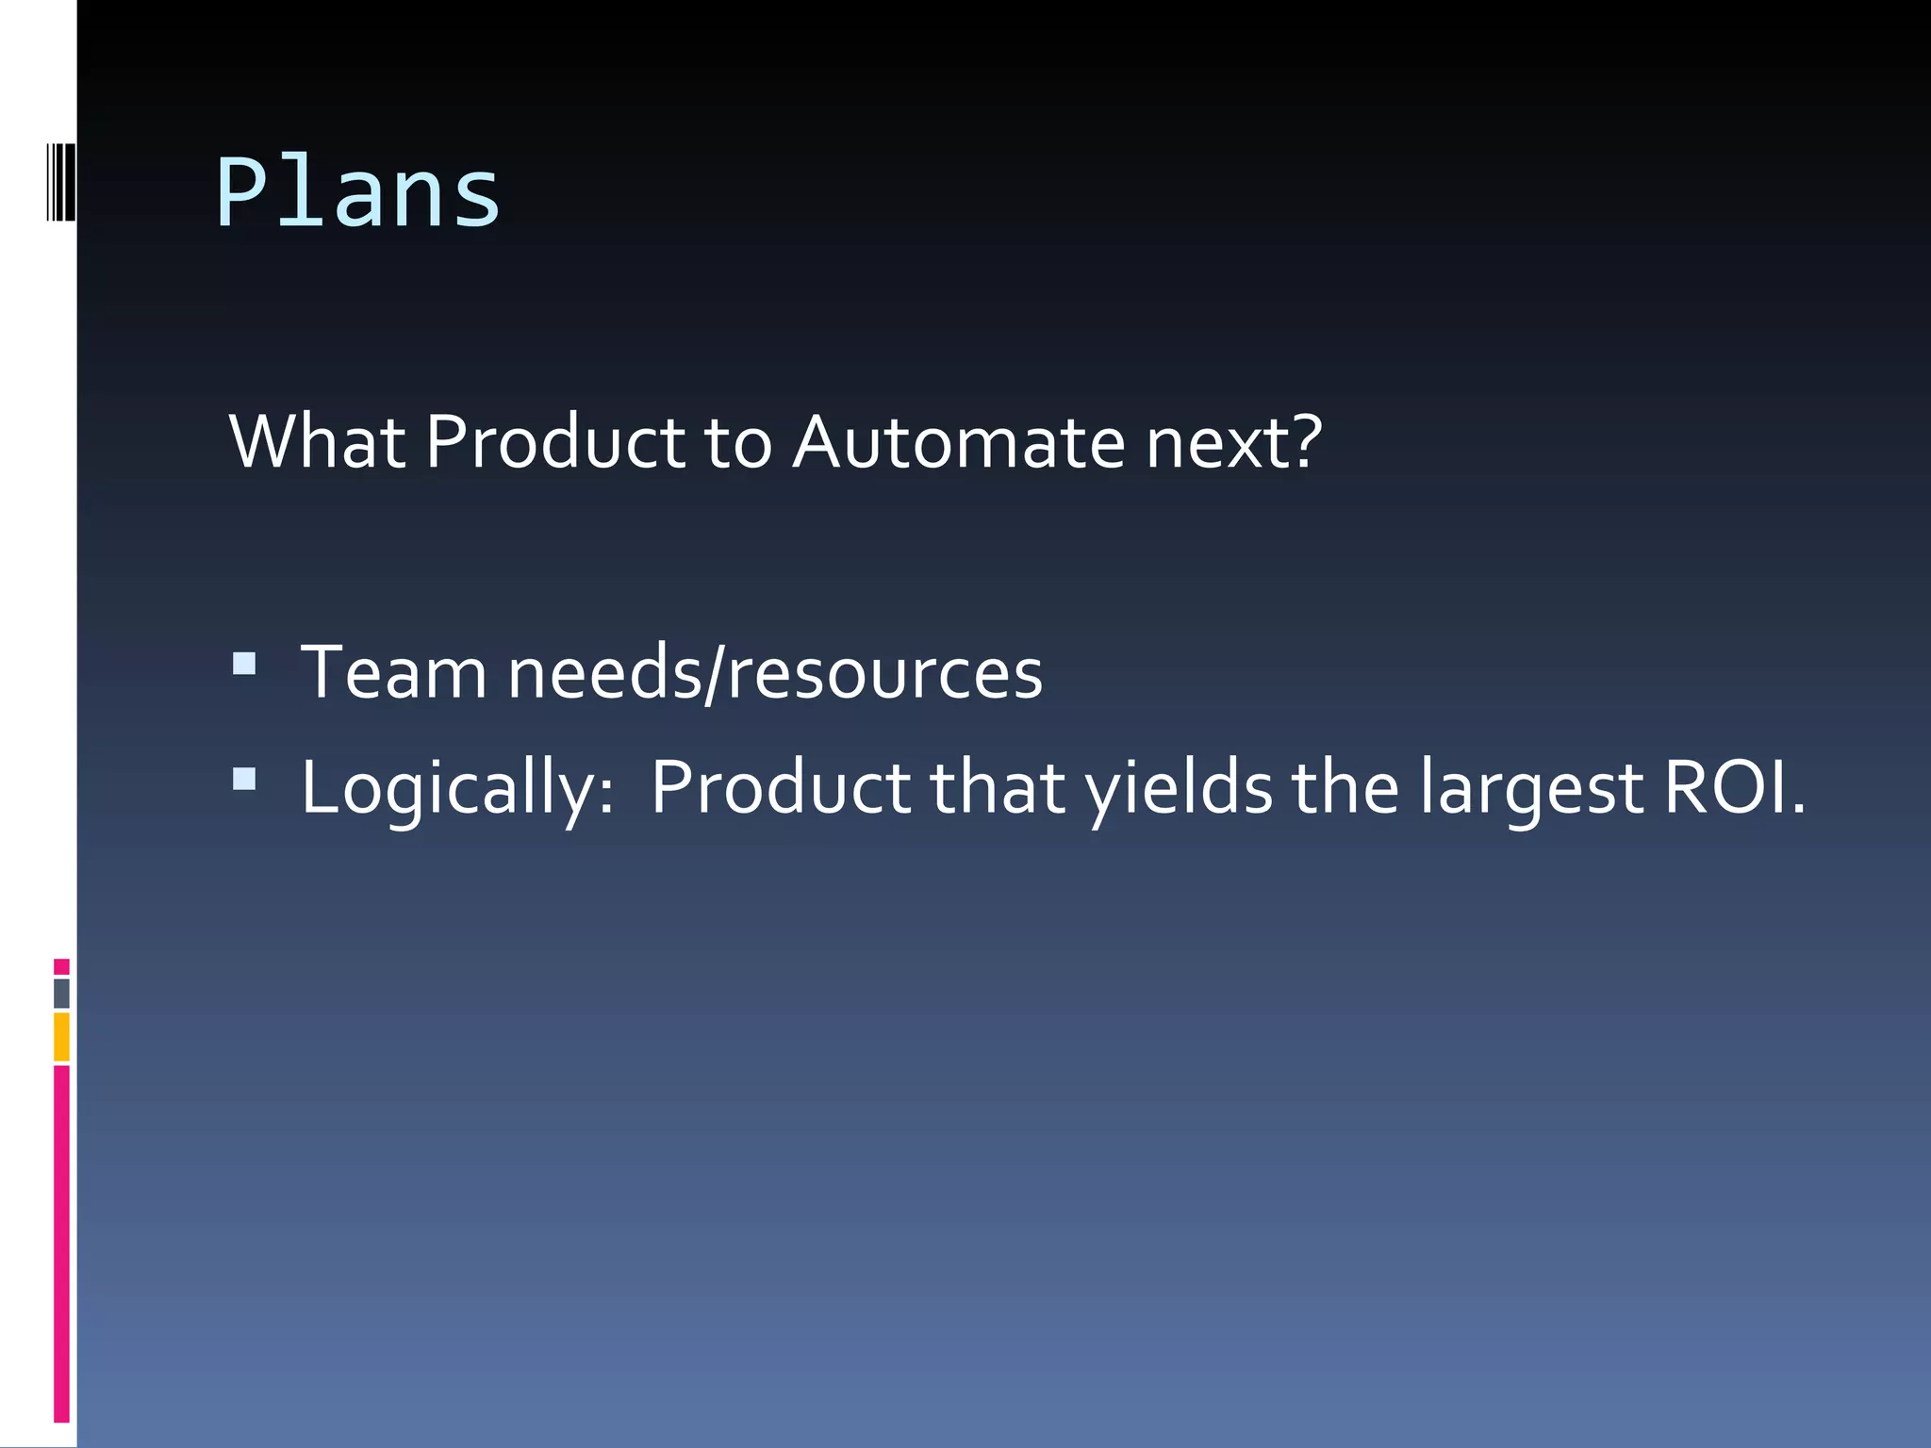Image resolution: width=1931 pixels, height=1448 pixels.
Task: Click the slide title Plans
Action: tap(358, 193)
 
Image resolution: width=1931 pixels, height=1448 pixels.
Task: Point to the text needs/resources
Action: tap(775, 672)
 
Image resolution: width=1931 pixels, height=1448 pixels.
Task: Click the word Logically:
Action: tap(457, 788)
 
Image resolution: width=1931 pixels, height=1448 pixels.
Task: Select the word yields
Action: tap(1179, 788)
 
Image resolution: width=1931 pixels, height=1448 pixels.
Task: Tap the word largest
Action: tap(1531, 788)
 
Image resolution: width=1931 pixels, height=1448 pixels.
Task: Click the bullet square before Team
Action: tap(244, 664)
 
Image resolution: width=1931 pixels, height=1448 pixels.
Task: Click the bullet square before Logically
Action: tap(244, 779)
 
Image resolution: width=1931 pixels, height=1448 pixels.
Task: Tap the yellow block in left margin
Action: tap(61, 1037)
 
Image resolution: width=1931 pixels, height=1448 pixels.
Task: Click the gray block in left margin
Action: tap(61, 993)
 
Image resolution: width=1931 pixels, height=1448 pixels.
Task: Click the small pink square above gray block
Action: tap(61, 966)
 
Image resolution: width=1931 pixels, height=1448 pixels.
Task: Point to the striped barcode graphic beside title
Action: tap(60, 181)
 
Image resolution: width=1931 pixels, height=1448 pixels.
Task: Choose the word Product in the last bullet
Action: tap(781, 788)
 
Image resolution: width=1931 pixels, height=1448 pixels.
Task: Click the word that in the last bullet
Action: tap(998, 788)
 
